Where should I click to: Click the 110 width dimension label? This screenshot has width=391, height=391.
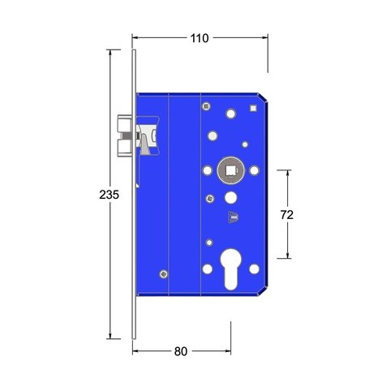pyautogui.click(x=200, y=38)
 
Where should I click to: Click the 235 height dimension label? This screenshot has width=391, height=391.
pyautogui.click(x=109, y=195)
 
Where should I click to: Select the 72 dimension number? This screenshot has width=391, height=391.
pyautogui.click(x=287, y=215)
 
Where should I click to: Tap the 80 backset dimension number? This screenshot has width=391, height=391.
pyautogui.click(x=181, y=351)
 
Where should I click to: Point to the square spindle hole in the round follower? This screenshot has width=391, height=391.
pyautogui.click(x=230, y=170)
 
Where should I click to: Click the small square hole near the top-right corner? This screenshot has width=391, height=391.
pyautogui.click(x=253, y=108)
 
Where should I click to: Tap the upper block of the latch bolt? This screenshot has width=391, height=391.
pyautogui.click(x=125, y=123)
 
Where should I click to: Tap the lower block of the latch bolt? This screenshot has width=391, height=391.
pyautogui.click(x=125, y=148)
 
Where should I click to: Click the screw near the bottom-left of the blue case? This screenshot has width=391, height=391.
pyautogui.click(x=163, y=274)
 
